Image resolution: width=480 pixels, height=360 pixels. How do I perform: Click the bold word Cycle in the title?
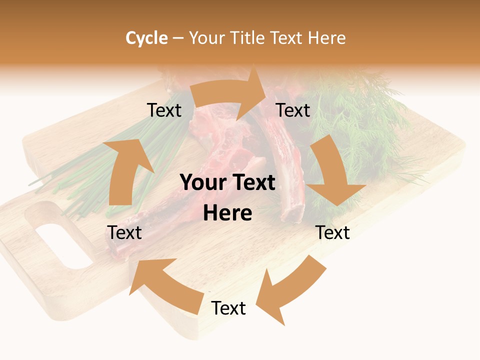(x=146, y=38)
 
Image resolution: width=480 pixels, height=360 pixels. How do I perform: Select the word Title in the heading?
(x=248, y=38)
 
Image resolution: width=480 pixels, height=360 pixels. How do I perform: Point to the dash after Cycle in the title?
(x=178, y=38)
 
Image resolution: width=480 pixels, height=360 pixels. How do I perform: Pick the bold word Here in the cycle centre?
(x=227, y=213)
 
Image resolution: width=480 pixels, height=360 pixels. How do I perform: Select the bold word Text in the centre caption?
(x=254, y=183)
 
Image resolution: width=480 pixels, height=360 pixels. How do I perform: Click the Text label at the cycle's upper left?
(x=164, y=110)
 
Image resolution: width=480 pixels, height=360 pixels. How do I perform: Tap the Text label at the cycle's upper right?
(x=293, y=110)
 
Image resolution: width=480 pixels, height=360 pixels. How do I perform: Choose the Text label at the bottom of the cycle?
(x=228, y=308)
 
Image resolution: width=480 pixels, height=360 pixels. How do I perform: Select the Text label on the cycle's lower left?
(x=124, y=232)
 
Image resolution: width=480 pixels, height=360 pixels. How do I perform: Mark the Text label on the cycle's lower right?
(x=332, y=232)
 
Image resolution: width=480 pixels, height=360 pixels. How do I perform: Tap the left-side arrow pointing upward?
(x=125, y=170)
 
